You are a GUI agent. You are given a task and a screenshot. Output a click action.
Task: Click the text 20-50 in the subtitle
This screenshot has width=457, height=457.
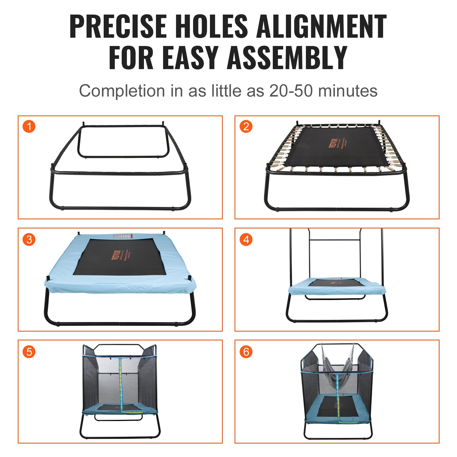291,91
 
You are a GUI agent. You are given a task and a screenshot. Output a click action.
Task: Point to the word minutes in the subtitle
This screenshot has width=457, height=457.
348,91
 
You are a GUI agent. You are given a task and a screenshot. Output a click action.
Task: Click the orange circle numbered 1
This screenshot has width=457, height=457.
29,127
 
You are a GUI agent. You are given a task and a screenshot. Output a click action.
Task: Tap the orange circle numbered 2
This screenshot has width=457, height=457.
246,127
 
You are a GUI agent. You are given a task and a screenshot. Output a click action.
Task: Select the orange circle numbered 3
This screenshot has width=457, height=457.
29,239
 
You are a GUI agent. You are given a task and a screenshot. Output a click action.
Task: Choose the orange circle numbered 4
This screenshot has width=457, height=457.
246,239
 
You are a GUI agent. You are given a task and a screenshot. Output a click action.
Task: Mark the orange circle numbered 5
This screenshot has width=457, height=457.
29,352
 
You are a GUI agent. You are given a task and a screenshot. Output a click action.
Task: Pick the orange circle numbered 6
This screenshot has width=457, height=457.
246,352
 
